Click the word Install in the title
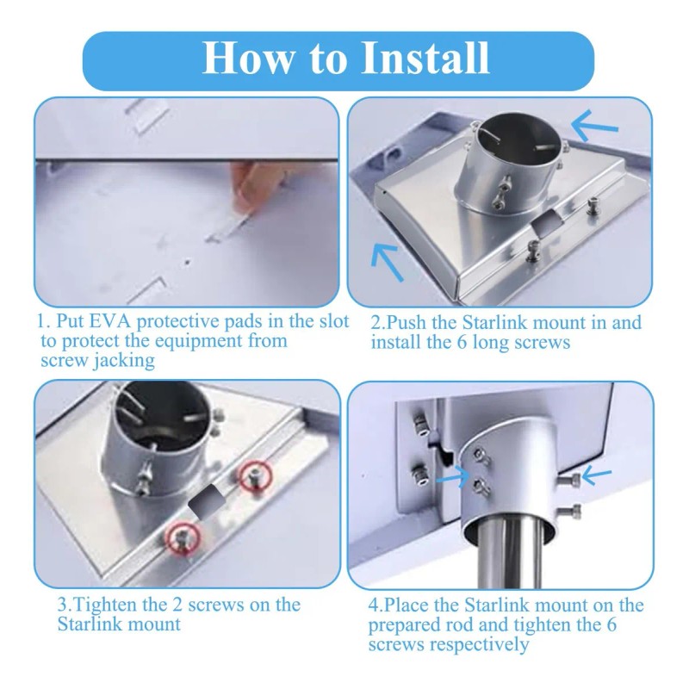tap(425, 58)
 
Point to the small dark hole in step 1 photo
tap(187, 263)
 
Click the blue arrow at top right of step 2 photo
tap(594, 125)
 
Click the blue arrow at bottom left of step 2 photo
tap(386, 262)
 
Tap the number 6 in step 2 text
tap(461, 342)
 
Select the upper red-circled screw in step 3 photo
tap(255, 476)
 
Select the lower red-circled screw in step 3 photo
tap(182, 537)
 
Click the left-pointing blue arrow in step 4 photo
tap(597, 475)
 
